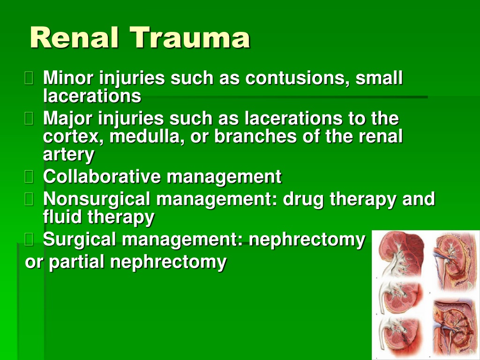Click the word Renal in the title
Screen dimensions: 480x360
pos(74,37)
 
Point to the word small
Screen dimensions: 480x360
pos(379,78)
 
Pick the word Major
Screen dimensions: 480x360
pos(67,119)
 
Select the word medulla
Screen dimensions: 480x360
pos(147,136)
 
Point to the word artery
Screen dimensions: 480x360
pos(68,155)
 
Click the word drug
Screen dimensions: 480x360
pos(303,199)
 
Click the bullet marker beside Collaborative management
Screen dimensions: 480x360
pos(29,177)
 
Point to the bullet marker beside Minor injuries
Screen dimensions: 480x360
pos(29,78)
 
